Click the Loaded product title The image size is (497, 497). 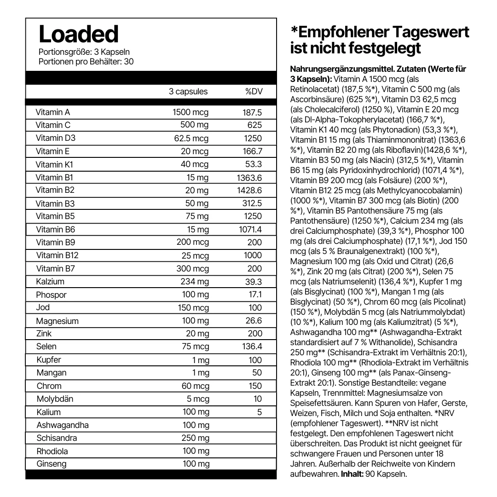click(79, 34)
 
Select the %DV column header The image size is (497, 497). click(254, 92)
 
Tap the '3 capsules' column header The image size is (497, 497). click(188, 92)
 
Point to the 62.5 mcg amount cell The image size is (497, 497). click(191, 139)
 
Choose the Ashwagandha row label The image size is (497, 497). click(63, 425)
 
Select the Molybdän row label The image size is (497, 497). click(55, 399)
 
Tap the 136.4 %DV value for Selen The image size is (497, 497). click(252, 347)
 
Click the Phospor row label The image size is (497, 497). click(51, 295)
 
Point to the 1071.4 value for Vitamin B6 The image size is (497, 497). click(250, 230)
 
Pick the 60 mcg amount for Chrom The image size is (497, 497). click(195, 386)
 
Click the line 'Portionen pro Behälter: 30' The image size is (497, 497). click(86, 61)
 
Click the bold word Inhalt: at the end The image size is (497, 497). click(352, 474)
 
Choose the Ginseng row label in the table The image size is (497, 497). click(52, 464)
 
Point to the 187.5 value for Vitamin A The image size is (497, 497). click(252, 112)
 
